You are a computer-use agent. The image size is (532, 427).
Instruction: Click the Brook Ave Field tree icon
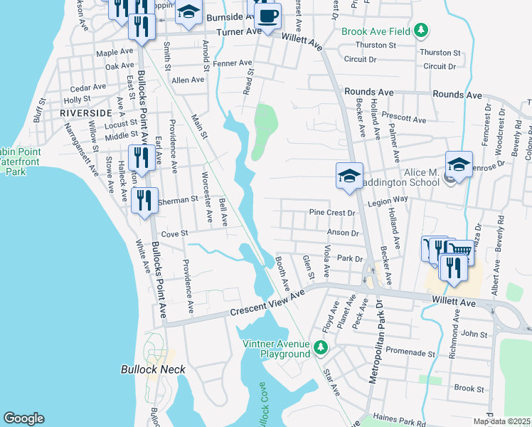[422, 31]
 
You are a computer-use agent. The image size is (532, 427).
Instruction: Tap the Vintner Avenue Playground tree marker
[321, 347]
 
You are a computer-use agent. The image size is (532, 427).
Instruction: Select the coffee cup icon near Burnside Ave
[267, 16]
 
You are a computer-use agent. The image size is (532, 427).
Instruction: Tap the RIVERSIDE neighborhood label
[86, 113]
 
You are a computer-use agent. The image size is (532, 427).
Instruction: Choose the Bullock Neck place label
[153, 369]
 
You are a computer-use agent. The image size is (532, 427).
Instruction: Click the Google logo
[23, 418]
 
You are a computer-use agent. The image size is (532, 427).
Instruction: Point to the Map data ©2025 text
[501, 421]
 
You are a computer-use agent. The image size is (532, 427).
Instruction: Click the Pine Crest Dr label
[331, 212]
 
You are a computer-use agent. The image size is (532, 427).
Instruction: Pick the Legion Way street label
[388, 202]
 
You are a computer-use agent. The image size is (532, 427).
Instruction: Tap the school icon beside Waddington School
[459, 164]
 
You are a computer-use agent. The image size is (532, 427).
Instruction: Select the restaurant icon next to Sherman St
[144, 200]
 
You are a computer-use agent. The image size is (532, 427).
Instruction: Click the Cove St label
[174, 233]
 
